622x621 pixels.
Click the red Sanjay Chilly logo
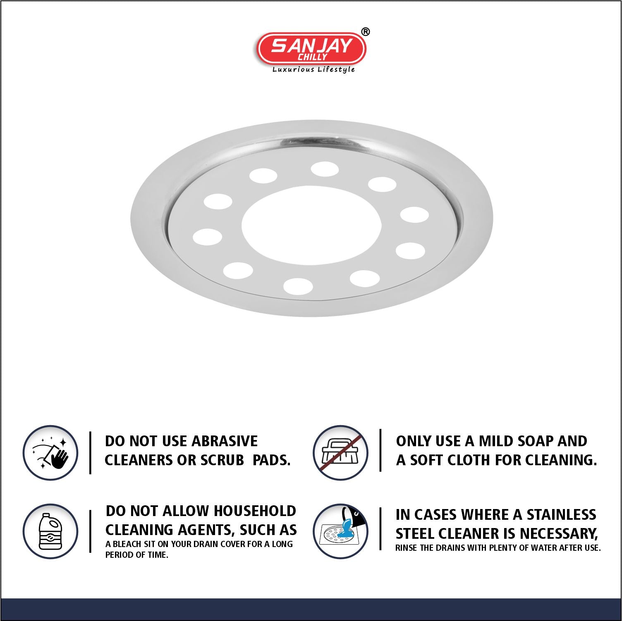[x=311, y=49]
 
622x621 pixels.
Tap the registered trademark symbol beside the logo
[x=366, y=32]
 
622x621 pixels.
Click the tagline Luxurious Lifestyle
[x=313, y=69]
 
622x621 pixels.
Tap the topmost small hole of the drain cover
[x=325, y=169]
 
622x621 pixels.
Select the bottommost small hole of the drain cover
[x=298, y=286]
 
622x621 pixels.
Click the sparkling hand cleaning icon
[x=50, y=452]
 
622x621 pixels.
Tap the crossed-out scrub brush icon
[x=340, y=452]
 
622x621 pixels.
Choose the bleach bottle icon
[x=50, y=531]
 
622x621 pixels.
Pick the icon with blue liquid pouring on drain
[x=340, y=531]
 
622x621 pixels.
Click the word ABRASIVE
[x=225, y=441]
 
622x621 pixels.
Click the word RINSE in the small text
[x=406, y=548]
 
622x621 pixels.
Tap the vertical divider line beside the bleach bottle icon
[x=90, y=531]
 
